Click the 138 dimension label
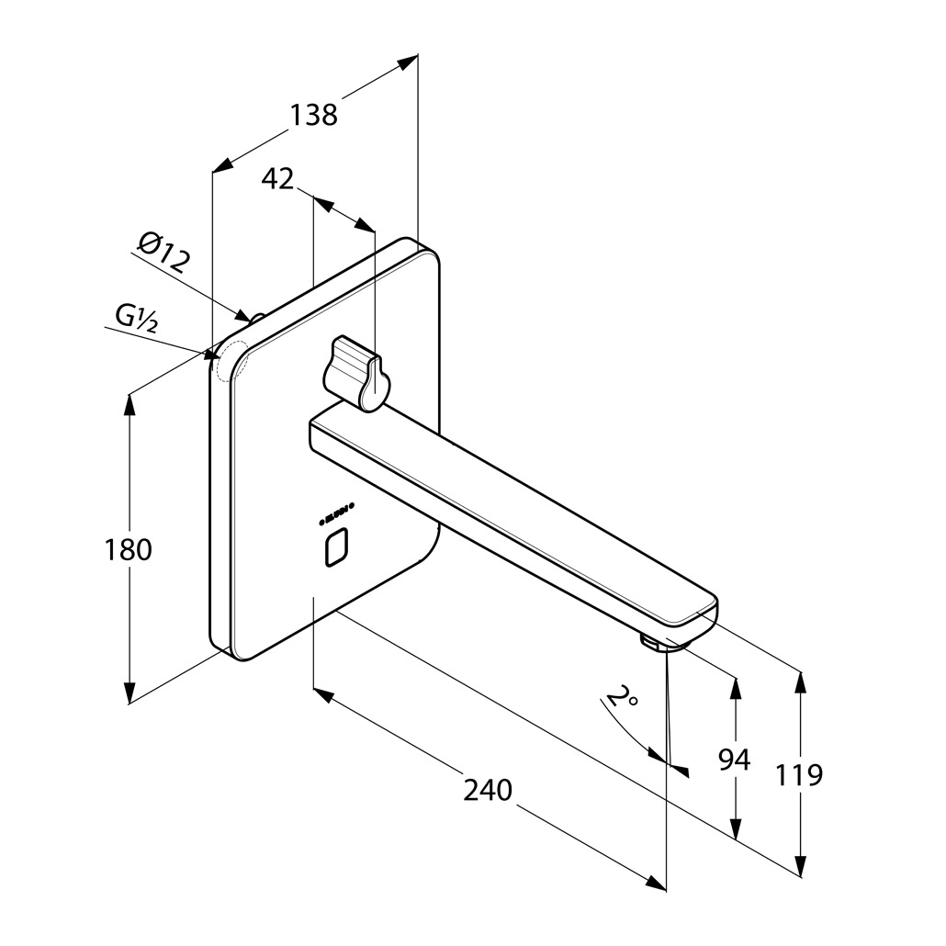pos(314,115)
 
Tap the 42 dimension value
pos(277,178)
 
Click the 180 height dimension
pos(128,549)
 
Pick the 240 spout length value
pos(487,789)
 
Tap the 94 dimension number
pos(734,760)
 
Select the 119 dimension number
pos(798,774)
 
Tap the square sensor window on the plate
pos(337,548)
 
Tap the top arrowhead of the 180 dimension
pos(130,404)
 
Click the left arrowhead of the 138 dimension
pos(220,166)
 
